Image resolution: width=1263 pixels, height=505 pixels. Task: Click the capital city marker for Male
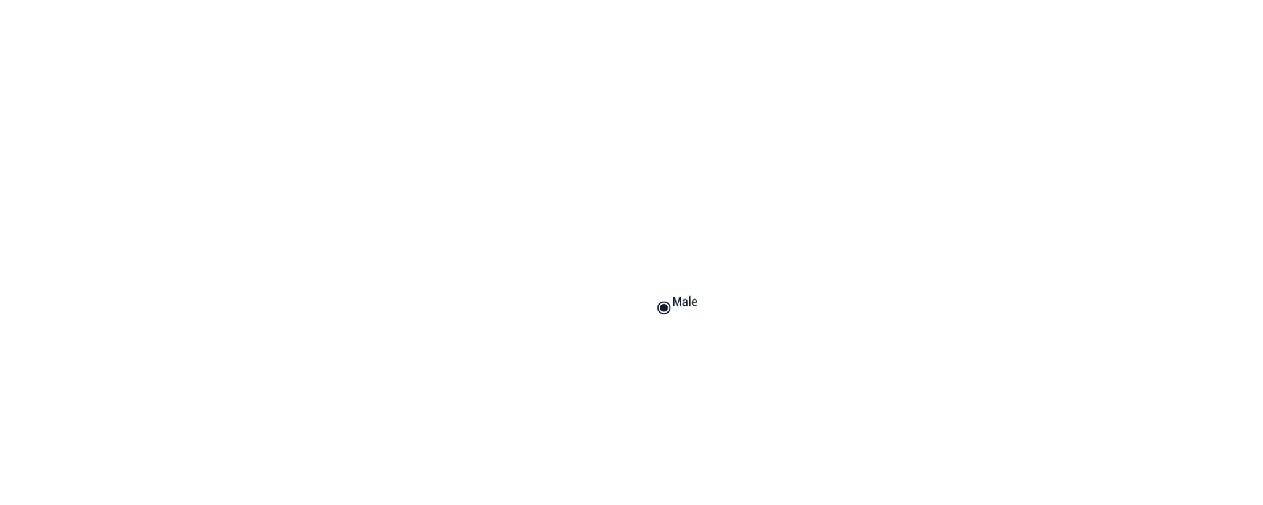coord(664,308)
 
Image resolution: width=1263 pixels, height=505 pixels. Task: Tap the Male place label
coord(685,302)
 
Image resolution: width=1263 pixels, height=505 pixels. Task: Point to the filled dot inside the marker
coord(664,308)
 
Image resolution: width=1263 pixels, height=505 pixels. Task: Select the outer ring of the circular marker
coord(664,302)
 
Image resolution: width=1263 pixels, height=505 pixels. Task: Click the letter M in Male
coord(677,302)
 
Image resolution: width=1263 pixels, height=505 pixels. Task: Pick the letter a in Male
coord(685,303)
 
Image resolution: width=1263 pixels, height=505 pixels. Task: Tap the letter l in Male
coord(690,302)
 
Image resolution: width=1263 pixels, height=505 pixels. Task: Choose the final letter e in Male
coord(694,303)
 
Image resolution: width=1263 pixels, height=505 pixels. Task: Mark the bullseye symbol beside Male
coord(664,308)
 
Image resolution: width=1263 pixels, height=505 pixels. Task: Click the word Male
coord(685,302)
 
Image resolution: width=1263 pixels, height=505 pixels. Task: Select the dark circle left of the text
coord(664,308)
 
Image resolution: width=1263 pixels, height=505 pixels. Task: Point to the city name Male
coord(685,302)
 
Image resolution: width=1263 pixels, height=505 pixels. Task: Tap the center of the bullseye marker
coord(664,308)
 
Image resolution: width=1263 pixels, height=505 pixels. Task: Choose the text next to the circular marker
coord(685,302)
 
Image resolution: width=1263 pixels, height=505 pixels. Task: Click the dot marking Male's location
coord(664,308)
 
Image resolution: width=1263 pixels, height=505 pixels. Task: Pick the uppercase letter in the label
coord(677,302)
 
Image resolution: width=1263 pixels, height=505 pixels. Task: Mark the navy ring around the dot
coord(664,302)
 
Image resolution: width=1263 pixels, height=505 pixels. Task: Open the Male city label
coord(685,302)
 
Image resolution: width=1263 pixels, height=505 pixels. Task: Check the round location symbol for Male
coord(664,308)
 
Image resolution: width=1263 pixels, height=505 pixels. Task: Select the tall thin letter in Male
coord(690,302)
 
